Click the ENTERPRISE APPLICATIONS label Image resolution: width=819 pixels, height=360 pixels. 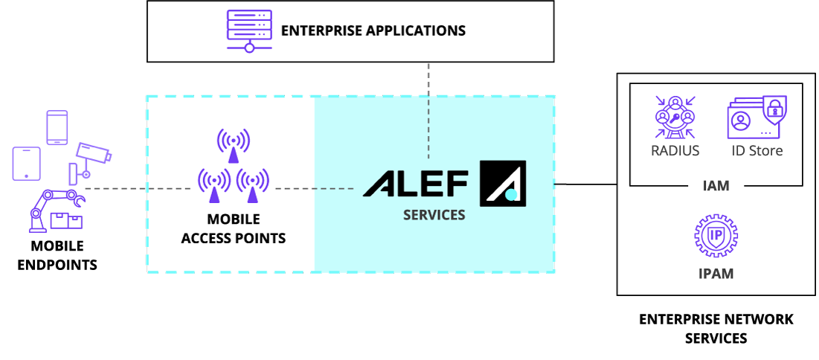pyautogui.click(x=373, y=31)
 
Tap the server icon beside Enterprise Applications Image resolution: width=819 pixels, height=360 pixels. pyautogui.click(x=248, y=31)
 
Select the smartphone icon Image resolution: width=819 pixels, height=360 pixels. pyautogui.click(x=57, y=127)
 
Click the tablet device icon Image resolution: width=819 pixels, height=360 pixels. pyautogui.click(x=26, y=164)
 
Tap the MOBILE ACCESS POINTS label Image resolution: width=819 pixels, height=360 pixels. pyautogui.click(x=234, y=229)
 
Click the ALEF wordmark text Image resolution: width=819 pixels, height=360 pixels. pyautogui.click(x=416, y=183)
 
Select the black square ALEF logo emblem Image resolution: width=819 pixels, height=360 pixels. pyautogui.click(x=503, y=183)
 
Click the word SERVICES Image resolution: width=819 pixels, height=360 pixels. pyautogui.click(x=434, y=215)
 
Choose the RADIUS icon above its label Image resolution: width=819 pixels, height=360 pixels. pyautogui.click(x=675, y=118)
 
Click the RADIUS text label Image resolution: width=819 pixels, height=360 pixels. pyautogui.click(x=675, y=151)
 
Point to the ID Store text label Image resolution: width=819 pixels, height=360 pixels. pyautogui.click(x=756, y=151)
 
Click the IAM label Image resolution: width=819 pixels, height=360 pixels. pyautogui.click(x=716, y=186)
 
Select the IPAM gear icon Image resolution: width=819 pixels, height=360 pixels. pyautogui.click(x=715, y=236)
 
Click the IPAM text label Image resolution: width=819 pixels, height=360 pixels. pyautogui.click(x=715, y=274)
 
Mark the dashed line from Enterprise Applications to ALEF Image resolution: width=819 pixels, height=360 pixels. pyautogui.click(x=428, y=112)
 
